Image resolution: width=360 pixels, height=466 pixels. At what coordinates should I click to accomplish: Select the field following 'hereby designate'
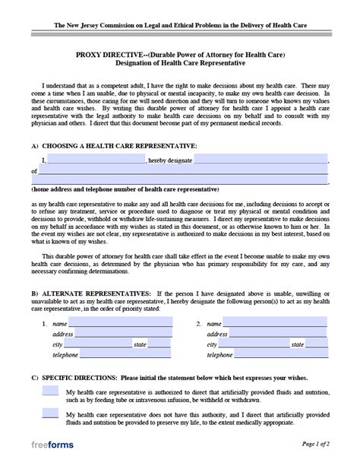click(x=261, y=160)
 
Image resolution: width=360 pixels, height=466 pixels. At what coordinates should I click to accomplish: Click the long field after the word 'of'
click(x=183, y=172)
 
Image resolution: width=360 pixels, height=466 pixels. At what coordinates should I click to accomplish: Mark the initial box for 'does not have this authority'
click(x=50, y=414)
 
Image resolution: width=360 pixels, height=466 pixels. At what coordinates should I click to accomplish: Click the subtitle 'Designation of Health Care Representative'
click(x=180, y=64)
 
